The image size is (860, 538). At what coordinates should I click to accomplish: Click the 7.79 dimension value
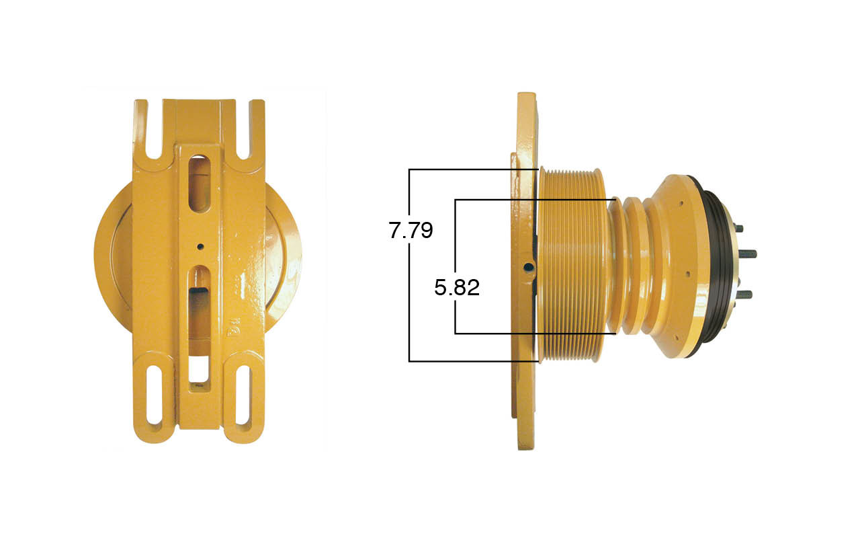411,231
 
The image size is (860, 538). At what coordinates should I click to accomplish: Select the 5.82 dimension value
457,288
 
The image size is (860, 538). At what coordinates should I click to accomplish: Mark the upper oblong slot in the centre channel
200,184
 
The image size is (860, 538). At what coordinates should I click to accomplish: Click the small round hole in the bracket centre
200,247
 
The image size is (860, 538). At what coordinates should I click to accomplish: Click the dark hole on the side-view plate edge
529,268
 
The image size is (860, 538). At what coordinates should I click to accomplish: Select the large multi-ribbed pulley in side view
572,265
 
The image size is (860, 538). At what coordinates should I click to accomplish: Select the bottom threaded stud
744,294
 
